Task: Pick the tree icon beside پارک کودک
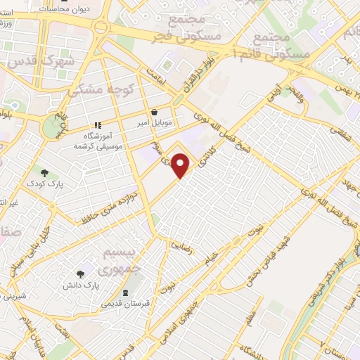click(x=45, y=173)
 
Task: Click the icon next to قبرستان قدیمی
click(x=126, y=292)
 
